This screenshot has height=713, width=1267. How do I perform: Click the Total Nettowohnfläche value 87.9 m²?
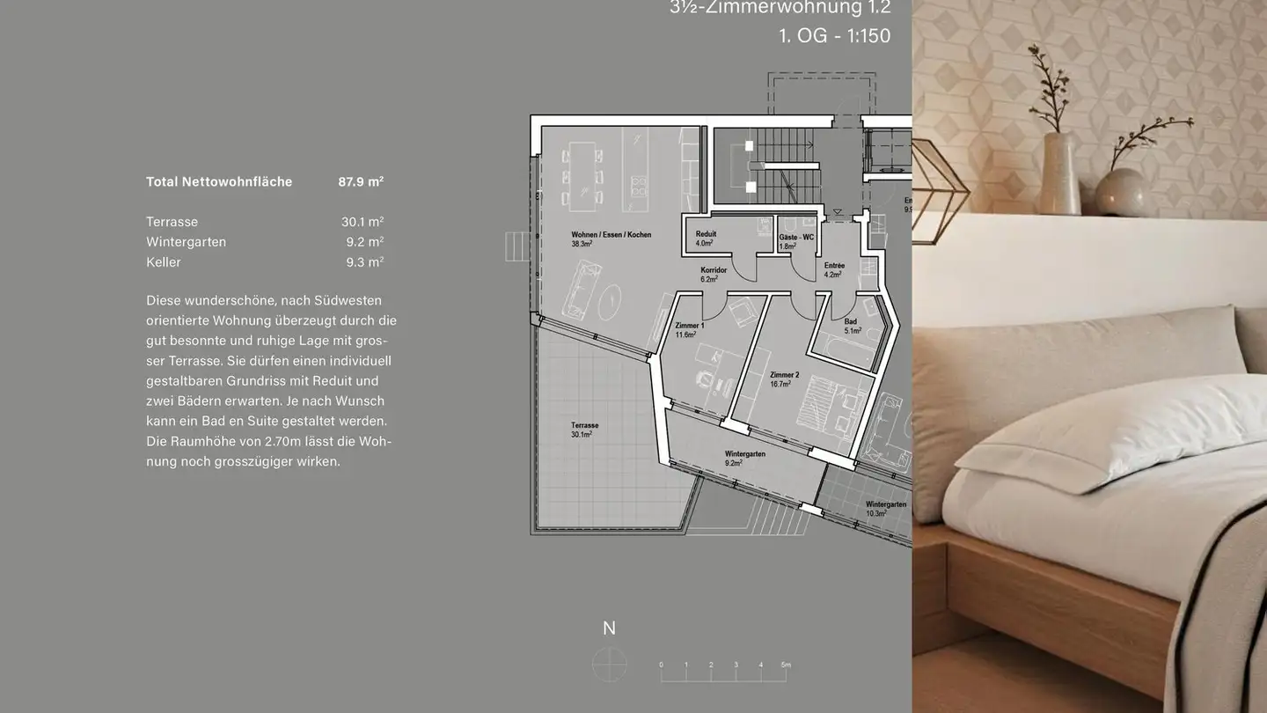361,182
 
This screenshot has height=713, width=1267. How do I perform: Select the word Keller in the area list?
164,262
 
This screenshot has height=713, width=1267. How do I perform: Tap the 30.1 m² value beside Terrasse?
362,222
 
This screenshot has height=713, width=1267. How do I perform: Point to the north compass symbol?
609,663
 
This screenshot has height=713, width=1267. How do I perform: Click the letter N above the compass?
609,628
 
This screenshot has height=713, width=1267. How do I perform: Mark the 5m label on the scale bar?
786,665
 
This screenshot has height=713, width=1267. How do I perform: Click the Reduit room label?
706,234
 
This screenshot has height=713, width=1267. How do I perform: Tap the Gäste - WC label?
795,238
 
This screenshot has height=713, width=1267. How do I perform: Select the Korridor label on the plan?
713,270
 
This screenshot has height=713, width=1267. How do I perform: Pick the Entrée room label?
834,265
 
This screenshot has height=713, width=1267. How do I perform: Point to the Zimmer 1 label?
689,326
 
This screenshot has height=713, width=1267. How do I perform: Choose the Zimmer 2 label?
784,375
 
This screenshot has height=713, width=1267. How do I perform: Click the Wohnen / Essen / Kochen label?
611,235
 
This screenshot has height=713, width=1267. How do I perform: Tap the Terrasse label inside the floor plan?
584,426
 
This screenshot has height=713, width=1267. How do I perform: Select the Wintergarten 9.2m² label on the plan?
744,454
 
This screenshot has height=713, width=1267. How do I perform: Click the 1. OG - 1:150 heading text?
834,36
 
